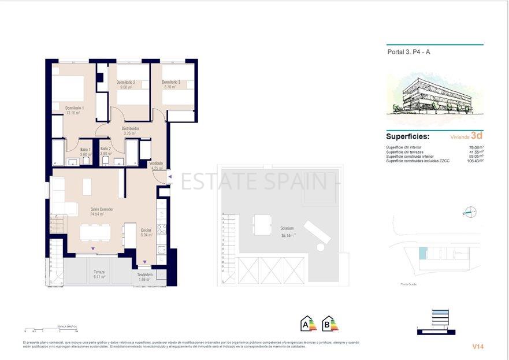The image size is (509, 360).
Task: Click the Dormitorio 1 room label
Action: pos(75,108)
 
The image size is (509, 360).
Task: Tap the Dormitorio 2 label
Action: pos(125,83)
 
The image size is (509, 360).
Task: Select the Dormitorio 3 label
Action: pos(171,83)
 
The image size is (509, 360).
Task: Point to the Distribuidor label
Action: pos(130,128)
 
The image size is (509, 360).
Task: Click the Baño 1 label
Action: pos(86,149)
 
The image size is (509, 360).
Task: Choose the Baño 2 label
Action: pos(105,149)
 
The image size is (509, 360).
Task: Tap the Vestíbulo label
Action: pos(156,164)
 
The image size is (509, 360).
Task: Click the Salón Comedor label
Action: pos(102,209)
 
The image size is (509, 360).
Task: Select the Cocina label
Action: pos(146,230)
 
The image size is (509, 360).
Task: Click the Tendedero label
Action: pos(145,275)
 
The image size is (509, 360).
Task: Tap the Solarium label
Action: pos(287,228)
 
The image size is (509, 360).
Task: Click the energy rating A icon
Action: pos(307,324)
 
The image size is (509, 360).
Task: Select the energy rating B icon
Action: pos(329,324)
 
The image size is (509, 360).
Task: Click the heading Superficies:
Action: pos(407,137)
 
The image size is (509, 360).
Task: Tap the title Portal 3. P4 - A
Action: pos(408,52)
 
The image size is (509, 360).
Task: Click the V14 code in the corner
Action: pos(477,347)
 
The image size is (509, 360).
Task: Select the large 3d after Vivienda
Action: pos(477,136)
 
